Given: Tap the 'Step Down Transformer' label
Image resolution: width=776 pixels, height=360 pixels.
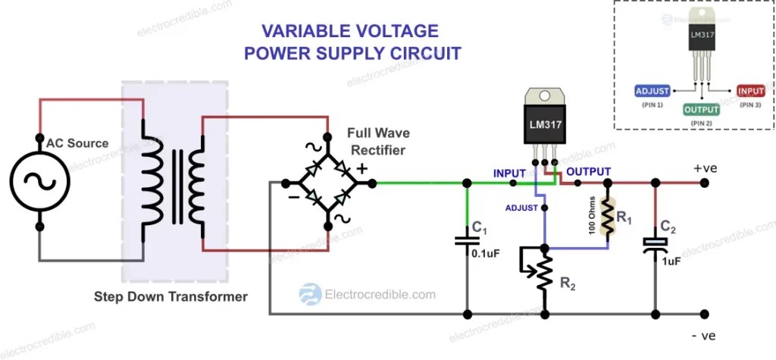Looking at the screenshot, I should click(171, 296).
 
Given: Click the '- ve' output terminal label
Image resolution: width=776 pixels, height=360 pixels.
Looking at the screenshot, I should click(701, 335).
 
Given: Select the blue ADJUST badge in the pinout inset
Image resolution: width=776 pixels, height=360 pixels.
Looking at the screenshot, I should click(652, 92).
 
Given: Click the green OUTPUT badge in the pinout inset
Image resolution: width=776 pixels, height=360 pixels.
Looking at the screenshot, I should click(701, 109).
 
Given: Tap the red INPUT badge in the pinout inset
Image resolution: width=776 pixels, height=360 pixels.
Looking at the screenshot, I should click(750, 92).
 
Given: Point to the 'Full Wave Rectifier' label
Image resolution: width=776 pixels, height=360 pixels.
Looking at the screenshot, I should click(376, 142).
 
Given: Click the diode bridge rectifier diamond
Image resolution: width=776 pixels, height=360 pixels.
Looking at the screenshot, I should click(328, 183).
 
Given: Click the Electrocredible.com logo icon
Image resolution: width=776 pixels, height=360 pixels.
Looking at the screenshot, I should click(309, 294).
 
